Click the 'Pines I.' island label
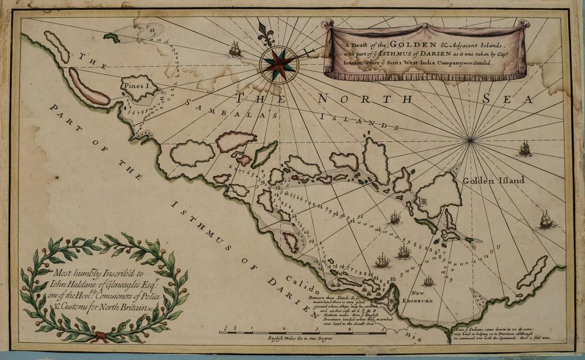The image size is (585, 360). click(138, 85)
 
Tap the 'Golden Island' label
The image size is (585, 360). click(493, 180)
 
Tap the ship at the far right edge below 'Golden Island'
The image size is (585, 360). click(546, 219)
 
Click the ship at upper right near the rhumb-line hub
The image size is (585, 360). click(525, 148)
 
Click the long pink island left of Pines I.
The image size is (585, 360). click(89, 87)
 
